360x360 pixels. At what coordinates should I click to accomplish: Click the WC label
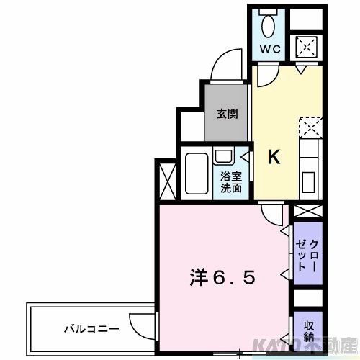[270, 50]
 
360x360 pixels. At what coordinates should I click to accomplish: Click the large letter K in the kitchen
[275, 156]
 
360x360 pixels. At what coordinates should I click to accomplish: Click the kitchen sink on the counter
[310, 179]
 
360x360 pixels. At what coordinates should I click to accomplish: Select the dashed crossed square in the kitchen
[310, 129]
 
